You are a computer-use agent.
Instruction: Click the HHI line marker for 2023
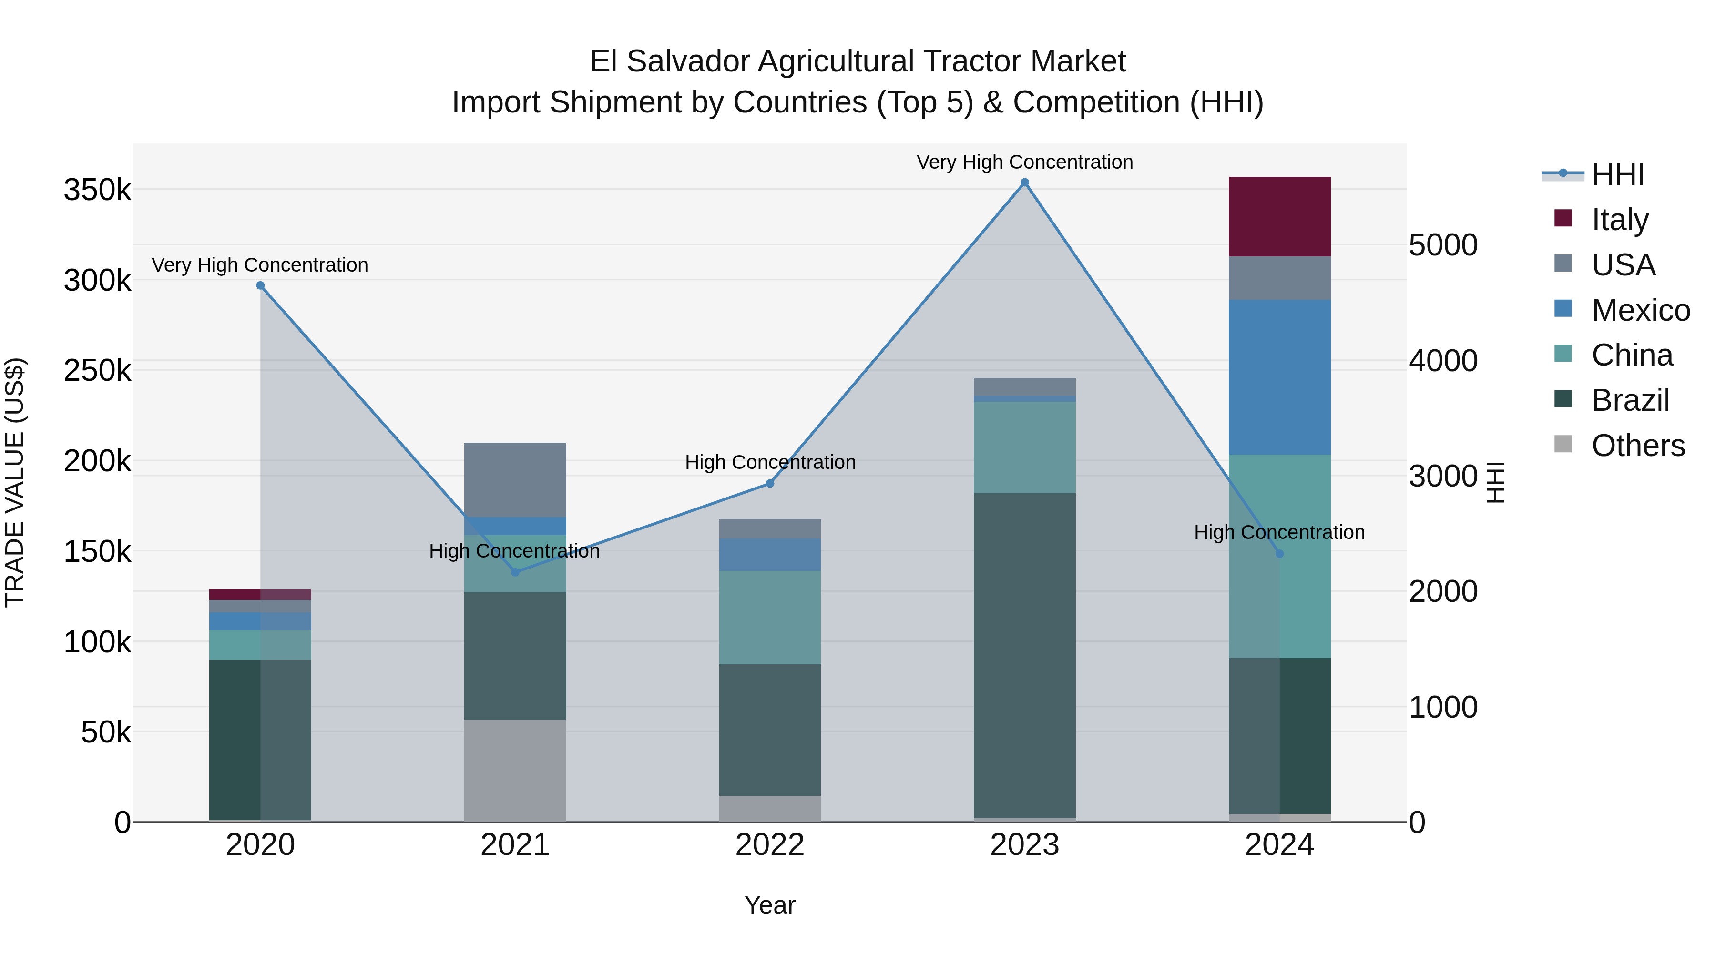click(1024, 183)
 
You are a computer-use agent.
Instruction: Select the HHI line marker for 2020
click(260, 286)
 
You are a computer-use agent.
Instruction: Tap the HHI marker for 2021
click(515, 572)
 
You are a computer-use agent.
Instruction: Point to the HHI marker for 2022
click(770, 484)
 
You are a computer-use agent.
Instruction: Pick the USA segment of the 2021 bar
click(515, 479)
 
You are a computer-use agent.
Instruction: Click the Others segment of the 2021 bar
click(515, 770)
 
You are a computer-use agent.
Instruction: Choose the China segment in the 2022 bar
click(770, 617)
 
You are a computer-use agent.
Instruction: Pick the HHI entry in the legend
click(1617, 174)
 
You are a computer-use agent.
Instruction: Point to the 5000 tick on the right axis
click(1443, 245)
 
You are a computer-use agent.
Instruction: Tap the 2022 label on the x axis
click(770, 845)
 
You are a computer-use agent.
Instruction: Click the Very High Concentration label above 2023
click(1024, 162)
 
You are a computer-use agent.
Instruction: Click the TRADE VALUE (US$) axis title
click(15, 482)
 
